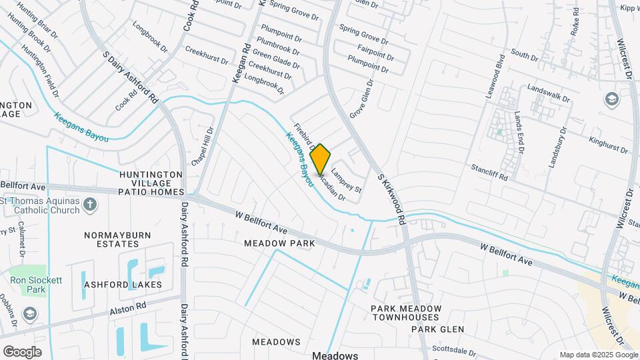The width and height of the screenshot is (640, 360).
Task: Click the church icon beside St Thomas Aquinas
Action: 91,204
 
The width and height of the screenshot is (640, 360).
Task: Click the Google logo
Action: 22,351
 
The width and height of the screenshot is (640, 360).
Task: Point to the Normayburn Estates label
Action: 117,240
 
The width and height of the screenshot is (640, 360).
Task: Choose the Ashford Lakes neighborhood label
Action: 123,285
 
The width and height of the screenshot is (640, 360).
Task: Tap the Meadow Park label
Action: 279,244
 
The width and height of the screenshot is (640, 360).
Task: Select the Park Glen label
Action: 437,329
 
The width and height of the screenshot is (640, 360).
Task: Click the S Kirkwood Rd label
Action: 392,199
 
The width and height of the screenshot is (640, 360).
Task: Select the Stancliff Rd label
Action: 489,173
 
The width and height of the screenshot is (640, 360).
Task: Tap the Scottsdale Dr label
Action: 453,350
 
